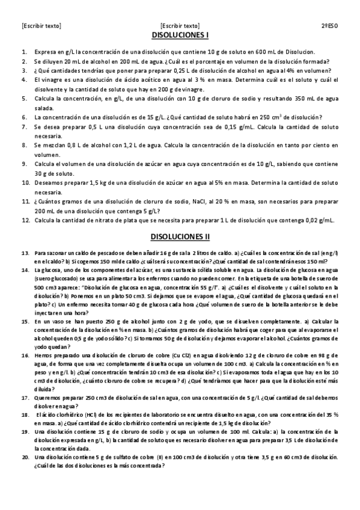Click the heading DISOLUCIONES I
[180, 36]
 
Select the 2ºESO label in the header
[328, 26]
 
